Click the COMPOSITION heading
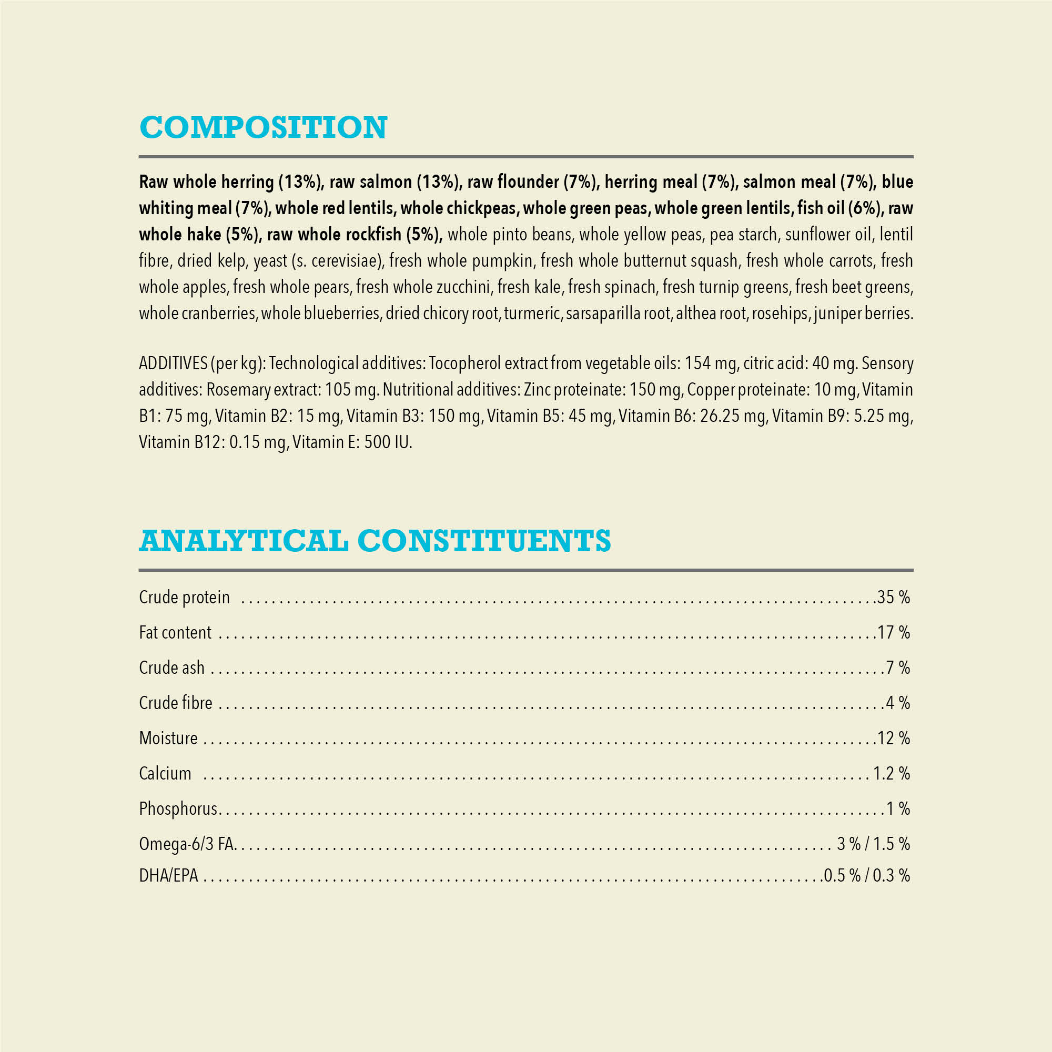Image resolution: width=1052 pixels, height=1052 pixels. click(263, 127)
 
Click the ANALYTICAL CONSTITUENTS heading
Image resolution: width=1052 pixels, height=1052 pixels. click(375, 541)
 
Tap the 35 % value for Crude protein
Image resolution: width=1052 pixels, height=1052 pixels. click(894, 598)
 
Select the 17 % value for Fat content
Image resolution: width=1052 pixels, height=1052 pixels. click(894, 633)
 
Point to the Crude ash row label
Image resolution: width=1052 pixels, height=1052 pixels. click(171, 667)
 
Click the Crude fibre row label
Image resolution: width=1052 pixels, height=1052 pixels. click(175, 703)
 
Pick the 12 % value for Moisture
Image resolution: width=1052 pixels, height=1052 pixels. click(894, 739)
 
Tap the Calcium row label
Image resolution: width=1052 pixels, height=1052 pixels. click(165, 774)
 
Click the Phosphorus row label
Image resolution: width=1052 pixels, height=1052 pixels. click(178, 809)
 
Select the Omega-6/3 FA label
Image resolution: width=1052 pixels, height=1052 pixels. click(186, 844)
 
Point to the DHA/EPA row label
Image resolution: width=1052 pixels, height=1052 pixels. click(168, 876)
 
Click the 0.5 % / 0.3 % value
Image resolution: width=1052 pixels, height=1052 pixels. click(867, 876)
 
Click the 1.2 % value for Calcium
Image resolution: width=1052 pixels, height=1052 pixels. click(892, 774)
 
